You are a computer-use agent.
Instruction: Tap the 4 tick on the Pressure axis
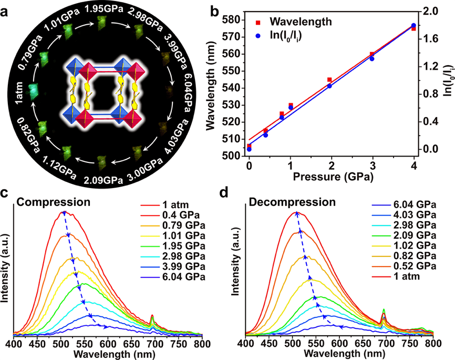click(415, 166)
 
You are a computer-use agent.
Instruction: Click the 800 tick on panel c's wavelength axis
click(201, 344)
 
